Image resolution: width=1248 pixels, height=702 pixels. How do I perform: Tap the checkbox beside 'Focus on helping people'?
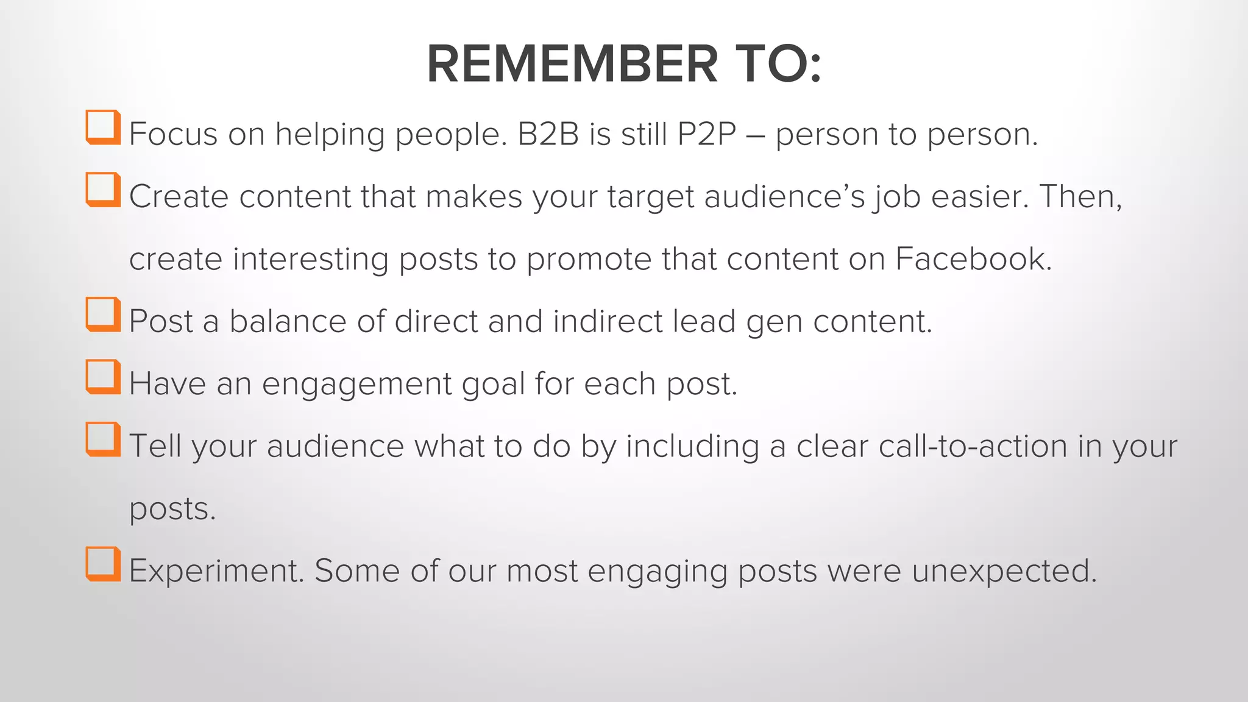pos(102,127)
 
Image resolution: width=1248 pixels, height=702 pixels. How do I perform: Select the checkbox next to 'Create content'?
pos(102,190)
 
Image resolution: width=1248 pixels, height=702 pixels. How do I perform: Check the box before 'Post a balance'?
pos(102,314)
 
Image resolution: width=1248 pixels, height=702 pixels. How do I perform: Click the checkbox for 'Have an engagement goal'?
pos(102,377)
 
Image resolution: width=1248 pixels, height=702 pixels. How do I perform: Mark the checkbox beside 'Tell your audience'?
pos(102,439)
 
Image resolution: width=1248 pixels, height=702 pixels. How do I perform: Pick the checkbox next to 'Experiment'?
pos(102,564)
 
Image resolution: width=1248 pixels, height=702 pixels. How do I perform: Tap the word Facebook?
pos(973,259)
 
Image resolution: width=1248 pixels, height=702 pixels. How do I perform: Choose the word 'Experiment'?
pos(216,572)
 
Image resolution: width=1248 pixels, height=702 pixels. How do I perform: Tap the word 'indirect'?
pos(607,321)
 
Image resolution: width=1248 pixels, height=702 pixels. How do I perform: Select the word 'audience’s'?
pos(784,196)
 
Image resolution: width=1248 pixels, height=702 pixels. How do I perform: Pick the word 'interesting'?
pos(310,259)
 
